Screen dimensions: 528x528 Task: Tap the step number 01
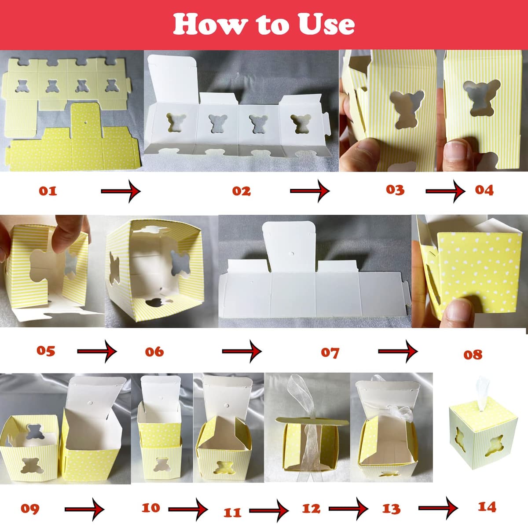(x=48, y=191)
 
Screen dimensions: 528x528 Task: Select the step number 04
(x=484, y=190)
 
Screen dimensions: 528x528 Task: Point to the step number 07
(x=330, y=352)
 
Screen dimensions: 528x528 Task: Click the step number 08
(x=473, y=355)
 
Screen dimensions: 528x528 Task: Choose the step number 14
(x=487, y=506)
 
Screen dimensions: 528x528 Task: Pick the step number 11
(x=232, y=512)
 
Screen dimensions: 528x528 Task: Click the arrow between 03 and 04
(x=445, y=191)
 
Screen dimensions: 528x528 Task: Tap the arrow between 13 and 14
(x=438, y=508)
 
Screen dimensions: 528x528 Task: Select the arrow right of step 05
(x=97, y=351)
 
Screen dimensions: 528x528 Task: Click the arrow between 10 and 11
(x=188, y=510)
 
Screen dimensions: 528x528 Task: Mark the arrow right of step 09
(x=84, y=510)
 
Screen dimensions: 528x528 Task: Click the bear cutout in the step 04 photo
(x=481, y=97)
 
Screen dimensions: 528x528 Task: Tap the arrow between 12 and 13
(x=348, y=509)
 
